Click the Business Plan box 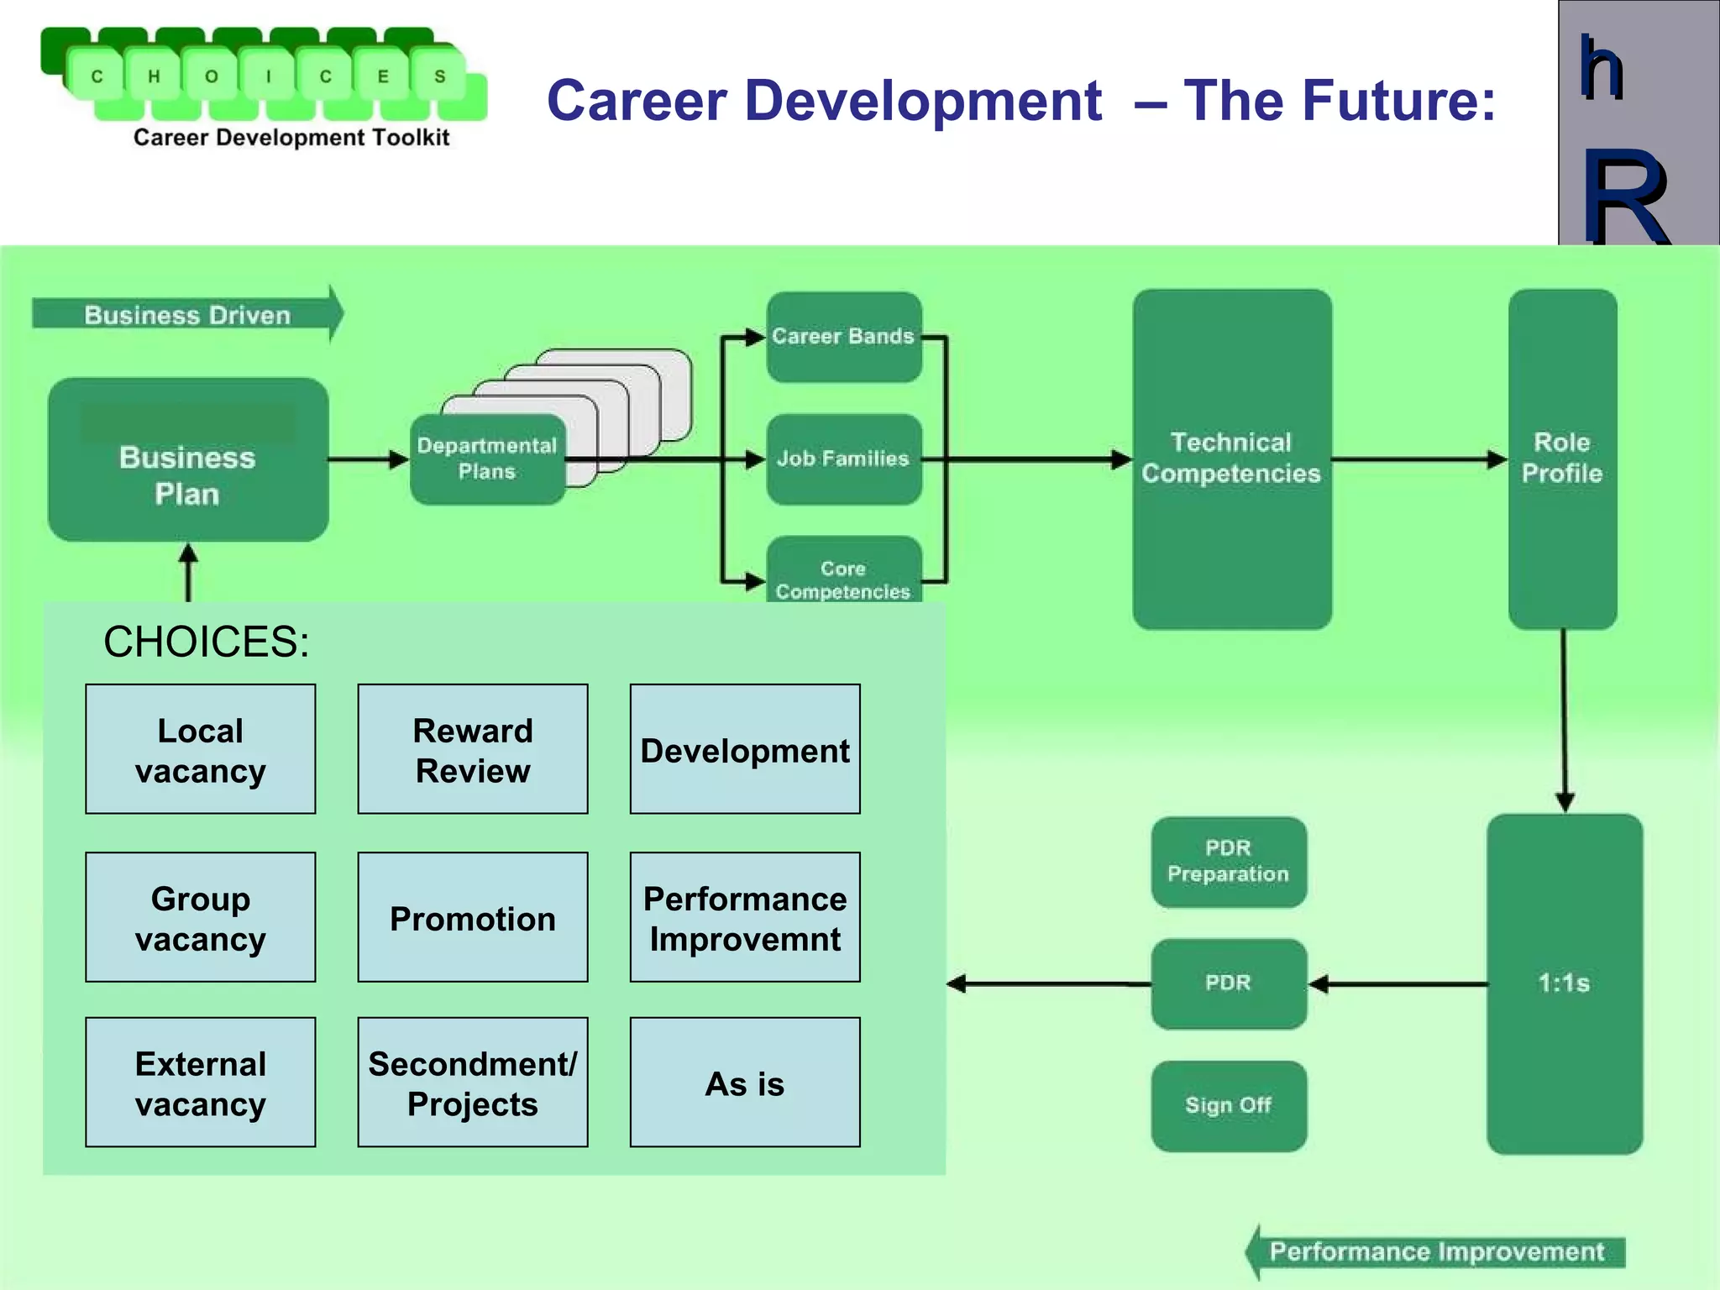188,459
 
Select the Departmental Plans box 487,459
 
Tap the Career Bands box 843,337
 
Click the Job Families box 843,459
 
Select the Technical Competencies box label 1231,458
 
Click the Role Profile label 1562,458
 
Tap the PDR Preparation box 1228,862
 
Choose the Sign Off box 1228,1105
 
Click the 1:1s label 1564,983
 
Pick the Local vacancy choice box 201,749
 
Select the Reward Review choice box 473,749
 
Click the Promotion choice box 473,917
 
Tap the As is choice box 745,1083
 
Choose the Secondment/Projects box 473,1083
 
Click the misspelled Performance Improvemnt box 745,917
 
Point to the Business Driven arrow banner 187,315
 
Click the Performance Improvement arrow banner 1436,1252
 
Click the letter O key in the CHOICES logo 212,77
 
